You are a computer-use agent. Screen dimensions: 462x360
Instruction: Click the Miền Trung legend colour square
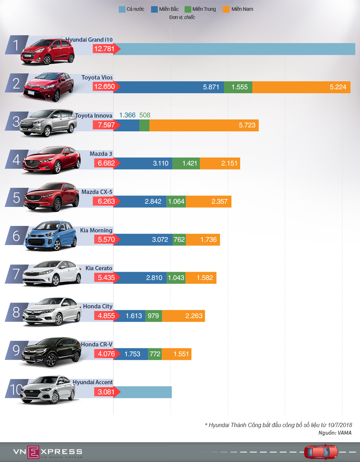point(188,9)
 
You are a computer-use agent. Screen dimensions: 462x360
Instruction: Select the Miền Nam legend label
point(242,9)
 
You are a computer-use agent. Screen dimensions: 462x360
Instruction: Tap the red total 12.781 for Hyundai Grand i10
point(104,49)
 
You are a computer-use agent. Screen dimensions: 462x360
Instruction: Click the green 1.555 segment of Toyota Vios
point(238,87)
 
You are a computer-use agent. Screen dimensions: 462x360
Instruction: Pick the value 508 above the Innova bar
point(145,115)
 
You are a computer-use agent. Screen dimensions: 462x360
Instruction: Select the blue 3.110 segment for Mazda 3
point(143,163)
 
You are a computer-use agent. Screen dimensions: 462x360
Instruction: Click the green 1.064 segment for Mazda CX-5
point(176,201)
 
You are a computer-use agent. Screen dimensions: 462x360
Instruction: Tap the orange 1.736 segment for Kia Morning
point(203,240)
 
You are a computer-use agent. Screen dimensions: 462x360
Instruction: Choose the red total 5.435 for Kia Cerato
point(106,278)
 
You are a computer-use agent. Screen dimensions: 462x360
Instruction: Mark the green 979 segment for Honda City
point(153,316)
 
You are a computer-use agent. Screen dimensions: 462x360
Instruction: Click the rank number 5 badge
point(16,198)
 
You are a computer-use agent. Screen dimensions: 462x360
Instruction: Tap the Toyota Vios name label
point(97,78)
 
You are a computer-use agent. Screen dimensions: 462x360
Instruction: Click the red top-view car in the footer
point(320,452)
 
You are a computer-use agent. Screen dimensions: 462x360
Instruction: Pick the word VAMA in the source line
point(345,433)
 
